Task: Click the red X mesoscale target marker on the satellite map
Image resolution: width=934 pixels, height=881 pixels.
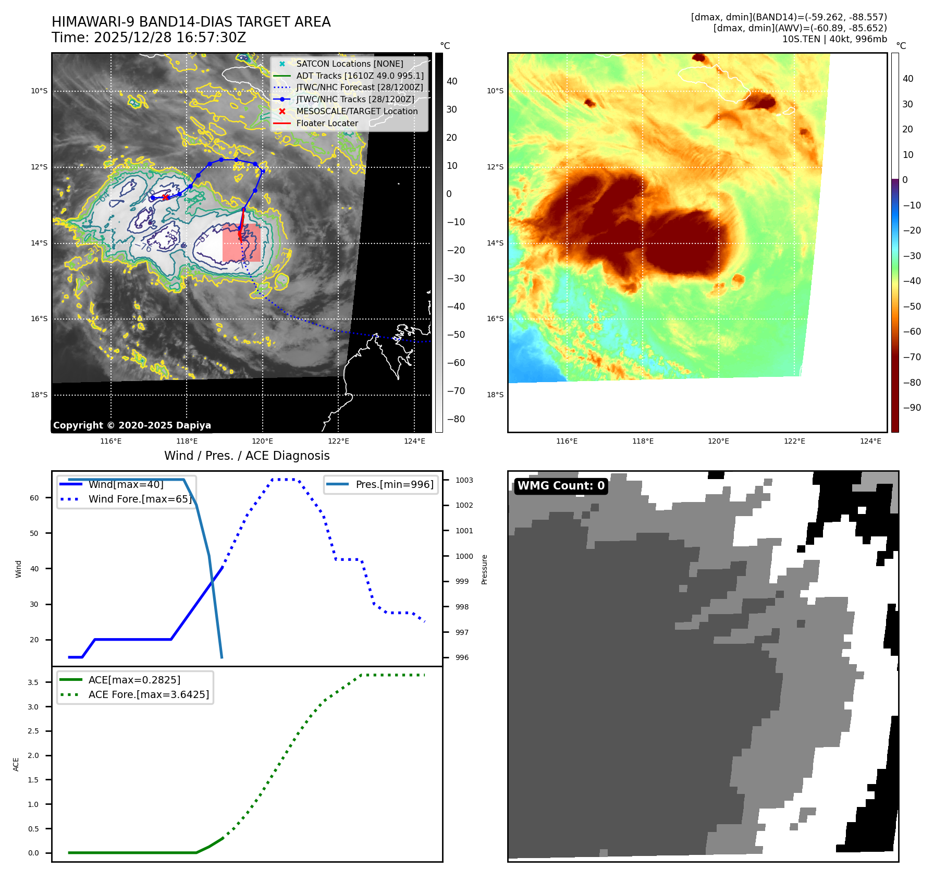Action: pos(165,197)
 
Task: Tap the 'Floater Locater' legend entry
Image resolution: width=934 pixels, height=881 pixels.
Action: pos(327,124)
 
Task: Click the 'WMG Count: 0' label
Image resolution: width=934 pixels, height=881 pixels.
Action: pos(561,486)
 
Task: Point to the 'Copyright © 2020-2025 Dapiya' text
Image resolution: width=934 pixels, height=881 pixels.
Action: pos(132,425)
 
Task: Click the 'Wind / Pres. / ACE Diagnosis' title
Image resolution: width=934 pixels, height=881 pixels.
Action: pos(247,456)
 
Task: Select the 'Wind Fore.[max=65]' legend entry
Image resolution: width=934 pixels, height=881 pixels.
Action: pos(140,499)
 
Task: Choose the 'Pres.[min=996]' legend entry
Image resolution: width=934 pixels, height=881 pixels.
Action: pos(394,484)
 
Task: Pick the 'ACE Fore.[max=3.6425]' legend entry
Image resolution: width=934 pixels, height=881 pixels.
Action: pos(149,694)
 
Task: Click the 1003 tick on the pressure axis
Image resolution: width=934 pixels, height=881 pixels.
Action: pos(464,480)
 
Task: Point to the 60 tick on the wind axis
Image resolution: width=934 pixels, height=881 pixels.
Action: pos(34,498)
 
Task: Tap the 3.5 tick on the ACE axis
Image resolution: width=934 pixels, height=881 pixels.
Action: pos(33,682)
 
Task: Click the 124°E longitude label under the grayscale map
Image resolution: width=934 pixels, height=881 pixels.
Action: pos(414,441)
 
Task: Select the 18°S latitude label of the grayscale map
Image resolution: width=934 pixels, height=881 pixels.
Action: pos(39,395)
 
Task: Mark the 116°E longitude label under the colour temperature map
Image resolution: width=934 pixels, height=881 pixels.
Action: pos(567,441)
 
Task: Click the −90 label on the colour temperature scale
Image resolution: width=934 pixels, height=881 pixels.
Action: pos(912,408)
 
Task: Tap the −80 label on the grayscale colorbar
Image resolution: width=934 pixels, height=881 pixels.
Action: pos(456,419)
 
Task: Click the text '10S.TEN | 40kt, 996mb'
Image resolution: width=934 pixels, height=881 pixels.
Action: pos(834,39)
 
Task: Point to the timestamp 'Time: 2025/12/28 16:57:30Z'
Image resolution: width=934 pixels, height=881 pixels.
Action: pos(149,38)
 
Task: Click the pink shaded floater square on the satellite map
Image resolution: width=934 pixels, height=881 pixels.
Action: pos(241,242)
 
